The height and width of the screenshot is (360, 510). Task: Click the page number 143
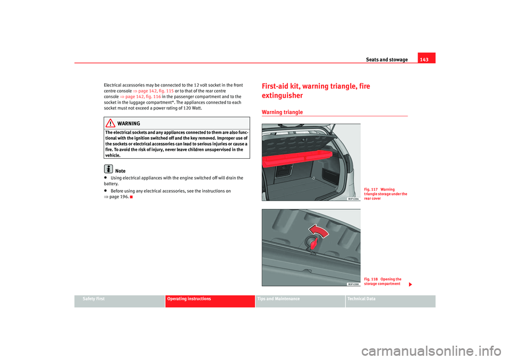[x=427, y=58]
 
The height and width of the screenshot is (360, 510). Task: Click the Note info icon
[x=108, y=169]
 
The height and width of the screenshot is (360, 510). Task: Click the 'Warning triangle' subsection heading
[x=282, y=113]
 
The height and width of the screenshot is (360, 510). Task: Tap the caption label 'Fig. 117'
[x=371, y=190]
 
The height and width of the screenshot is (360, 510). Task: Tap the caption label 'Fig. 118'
[x=371, y=279]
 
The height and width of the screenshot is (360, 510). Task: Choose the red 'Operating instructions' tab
[x=189, y=299]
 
